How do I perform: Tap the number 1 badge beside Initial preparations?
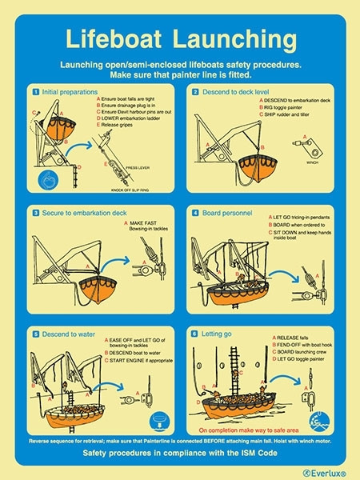click(34, 92)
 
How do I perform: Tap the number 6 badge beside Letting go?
click(195, 332)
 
